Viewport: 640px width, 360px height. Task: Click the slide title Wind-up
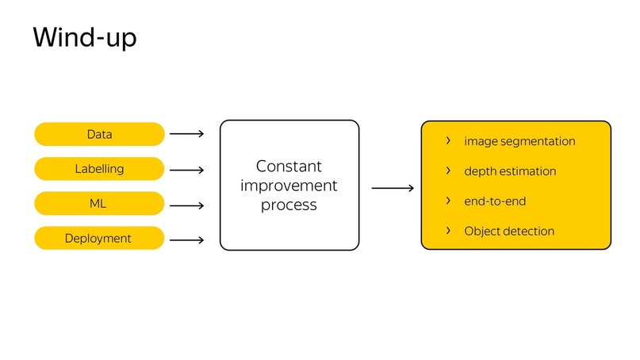(85, 37)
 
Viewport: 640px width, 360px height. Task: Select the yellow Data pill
(100, 134)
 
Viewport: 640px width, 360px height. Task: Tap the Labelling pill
(100, 169)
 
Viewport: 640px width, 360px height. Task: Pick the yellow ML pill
(100, 203)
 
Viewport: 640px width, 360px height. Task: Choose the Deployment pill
(100, 238)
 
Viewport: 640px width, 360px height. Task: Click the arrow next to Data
(187, 134)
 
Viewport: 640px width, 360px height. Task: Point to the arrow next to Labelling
(187, 170)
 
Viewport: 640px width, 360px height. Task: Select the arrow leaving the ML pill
(187, 205)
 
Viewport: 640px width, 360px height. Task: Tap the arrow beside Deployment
(187, 240)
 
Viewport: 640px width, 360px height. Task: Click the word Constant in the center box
(289, 166)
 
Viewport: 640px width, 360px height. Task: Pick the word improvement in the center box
(289, 186)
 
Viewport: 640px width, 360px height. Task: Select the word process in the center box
(289, 205)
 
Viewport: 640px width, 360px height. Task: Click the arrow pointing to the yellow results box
(393, 188)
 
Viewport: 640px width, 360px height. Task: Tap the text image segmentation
(519, 141)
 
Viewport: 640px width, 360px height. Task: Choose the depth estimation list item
(510, 171)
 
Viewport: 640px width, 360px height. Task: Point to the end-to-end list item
(495, 201)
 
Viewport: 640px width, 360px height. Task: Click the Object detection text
(509, 232)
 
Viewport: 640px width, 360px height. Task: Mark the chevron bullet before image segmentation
(448, 141)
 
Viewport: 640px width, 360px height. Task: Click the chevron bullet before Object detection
(448, 231)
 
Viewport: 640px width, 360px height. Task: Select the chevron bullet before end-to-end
(448, 201)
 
